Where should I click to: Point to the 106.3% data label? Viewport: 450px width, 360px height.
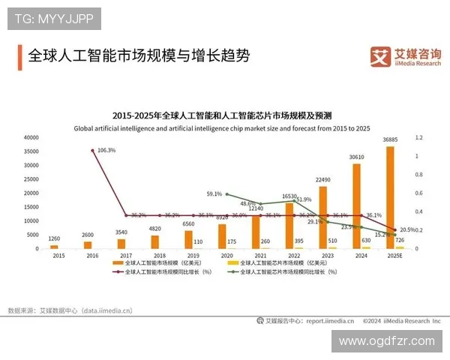click(x=107, y=150)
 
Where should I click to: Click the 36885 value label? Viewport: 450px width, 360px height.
click(x=390, y=140)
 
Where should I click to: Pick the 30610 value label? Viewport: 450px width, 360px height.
click(x=356, y=157)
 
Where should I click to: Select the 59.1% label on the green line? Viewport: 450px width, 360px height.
click(x=214, y=193)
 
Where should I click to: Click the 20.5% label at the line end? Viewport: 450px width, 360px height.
click(x=408, y=229)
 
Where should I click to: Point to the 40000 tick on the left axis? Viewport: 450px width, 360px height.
click(x=31, y=138)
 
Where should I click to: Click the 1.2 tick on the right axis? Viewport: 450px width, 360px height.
click(x=419, y=138)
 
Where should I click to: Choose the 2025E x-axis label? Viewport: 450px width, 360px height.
click(x=394, y=256)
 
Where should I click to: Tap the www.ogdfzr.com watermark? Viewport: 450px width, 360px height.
click(x=386, y=340)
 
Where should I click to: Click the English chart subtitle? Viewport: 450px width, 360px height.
click(x=222, y=128)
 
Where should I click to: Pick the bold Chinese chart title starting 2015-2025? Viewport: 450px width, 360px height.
click(x=222, y=115)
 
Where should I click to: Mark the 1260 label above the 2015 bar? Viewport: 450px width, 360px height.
click(x=54, y=239)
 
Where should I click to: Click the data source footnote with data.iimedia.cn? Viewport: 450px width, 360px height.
click(x=70, y=309)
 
